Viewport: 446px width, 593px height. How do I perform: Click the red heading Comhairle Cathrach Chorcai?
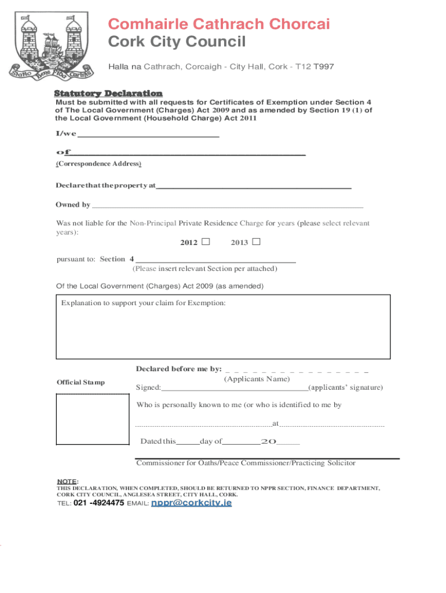[x=220, y=24]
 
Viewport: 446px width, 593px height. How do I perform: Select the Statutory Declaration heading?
[x=108, y=93]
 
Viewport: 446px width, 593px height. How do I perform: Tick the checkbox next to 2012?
[x=206, y=241]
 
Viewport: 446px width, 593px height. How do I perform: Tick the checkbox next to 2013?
[x=256, y=241]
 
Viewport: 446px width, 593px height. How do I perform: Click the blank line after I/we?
[x=148, y=135]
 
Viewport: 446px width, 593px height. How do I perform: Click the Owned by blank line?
[x=228, y=205]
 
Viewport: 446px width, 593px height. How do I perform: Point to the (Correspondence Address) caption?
[x=98, y=164]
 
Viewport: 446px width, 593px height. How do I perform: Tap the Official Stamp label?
[x=81, y=382]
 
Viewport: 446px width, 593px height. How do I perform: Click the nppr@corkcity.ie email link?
[x=191, y=503]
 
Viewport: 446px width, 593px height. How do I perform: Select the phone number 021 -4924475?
[x=98, y=503]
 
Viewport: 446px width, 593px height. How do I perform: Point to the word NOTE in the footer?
[x=66, y=482]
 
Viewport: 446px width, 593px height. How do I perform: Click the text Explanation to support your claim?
[x=144, y=303]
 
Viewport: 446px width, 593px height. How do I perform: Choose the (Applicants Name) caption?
[x=257, y=379]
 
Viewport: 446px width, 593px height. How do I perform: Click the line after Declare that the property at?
[x=254, y=186]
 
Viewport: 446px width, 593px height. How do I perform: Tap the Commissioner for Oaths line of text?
[x=246, y=463]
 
